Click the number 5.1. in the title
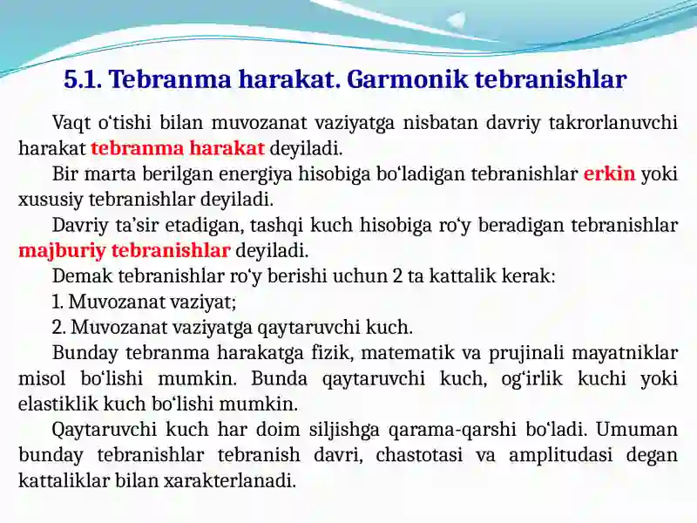[83, 79]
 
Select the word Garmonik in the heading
[407, 79]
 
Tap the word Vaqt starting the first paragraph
[71, 123]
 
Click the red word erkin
[609, 173]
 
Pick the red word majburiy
[62, 251]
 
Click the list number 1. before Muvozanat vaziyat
[58, 302]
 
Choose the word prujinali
[524, 354]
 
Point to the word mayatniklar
[625, 354]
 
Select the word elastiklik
[58, 404]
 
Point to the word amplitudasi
[560, 456]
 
